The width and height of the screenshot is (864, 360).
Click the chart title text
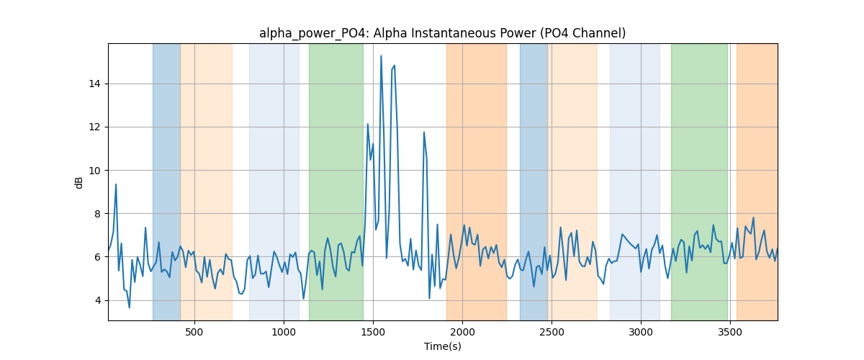pos(442,34)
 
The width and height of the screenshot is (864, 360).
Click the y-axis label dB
pos(78,183)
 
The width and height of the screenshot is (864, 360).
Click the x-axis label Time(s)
pos(442,346)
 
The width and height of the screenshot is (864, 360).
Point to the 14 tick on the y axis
pos(94,84)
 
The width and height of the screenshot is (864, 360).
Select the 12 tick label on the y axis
pos(94,127)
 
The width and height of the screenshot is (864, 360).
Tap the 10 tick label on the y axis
pos(94,171)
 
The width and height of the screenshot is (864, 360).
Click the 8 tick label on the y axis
pos(98,214)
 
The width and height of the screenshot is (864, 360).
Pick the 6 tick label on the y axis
pos(98,257)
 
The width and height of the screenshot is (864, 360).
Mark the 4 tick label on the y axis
pos(98,300)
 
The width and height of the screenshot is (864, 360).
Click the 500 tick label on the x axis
pos(194,333)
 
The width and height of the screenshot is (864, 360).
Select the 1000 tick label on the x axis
pos(284,333)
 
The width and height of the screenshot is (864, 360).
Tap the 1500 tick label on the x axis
pos(373,333)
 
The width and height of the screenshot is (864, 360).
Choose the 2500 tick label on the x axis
pos(552,333)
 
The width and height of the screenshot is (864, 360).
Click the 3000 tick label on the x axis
pos(641,333)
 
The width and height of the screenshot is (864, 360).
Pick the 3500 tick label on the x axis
pos(730,333)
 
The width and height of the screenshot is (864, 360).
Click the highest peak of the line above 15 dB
pos(381,56)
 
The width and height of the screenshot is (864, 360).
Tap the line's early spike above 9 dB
pos(116,185)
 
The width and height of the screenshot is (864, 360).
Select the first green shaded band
pos(336,182)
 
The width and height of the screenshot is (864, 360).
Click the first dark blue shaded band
pos(166,182)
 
